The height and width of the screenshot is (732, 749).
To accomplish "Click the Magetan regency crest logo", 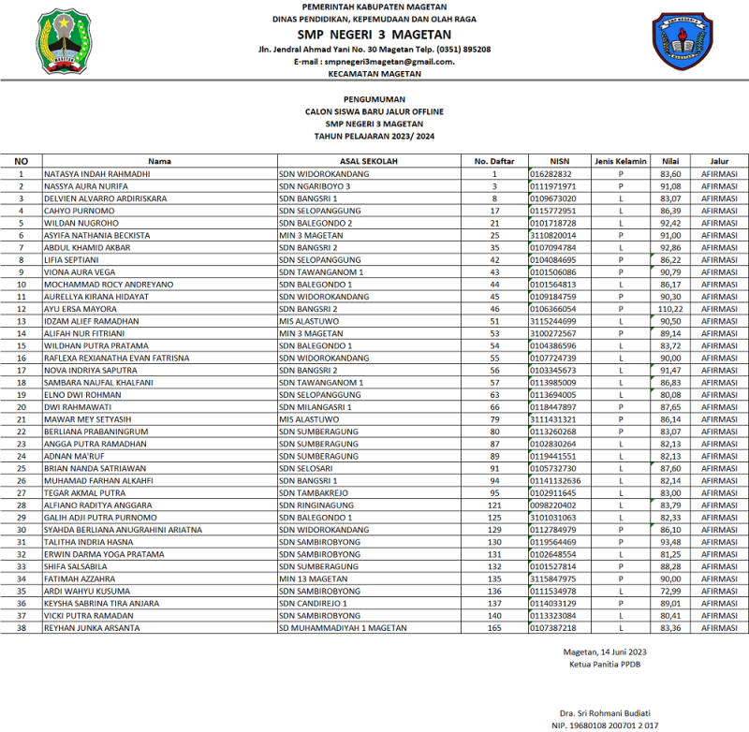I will (x=62, y=42).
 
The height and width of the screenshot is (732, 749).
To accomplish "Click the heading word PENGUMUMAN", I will (x=374, y=99).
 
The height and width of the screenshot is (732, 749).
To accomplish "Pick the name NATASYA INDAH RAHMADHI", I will (x=97, y=174).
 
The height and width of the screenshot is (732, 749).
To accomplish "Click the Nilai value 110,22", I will (x=670, y=308).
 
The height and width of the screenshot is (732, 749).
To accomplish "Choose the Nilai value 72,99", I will (x=670, y=591).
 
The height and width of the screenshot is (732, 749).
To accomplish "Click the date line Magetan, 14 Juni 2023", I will (x=606, y=651).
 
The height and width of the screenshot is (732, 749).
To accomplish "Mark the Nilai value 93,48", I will (x=670, y=542).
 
